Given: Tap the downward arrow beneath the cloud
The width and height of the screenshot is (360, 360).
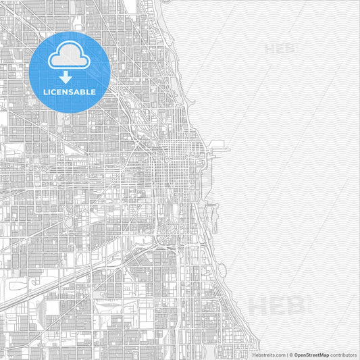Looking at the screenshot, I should coord(66,77).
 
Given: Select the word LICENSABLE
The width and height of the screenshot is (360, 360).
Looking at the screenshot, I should coord(70,91).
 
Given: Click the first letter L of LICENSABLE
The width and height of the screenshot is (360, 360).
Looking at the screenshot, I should coord(45,91).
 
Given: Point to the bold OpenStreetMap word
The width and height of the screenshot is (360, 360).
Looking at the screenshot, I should coord(312,355).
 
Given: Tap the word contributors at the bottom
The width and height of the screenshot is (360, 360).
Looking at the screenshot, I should coord(344,355).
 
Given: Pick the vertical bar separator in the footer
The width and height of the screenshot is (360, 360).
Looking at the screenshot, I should coord(286,355).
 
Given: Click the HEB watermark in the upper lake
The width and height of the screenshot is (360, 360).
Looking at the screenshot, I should coord(280,49).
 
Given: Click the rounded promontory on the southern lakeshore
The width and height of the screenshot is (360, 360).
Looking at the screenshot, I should coord(222,270).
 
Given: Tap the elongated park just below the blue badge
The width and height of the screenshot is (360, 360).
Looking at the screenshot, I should coord(66,120).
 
